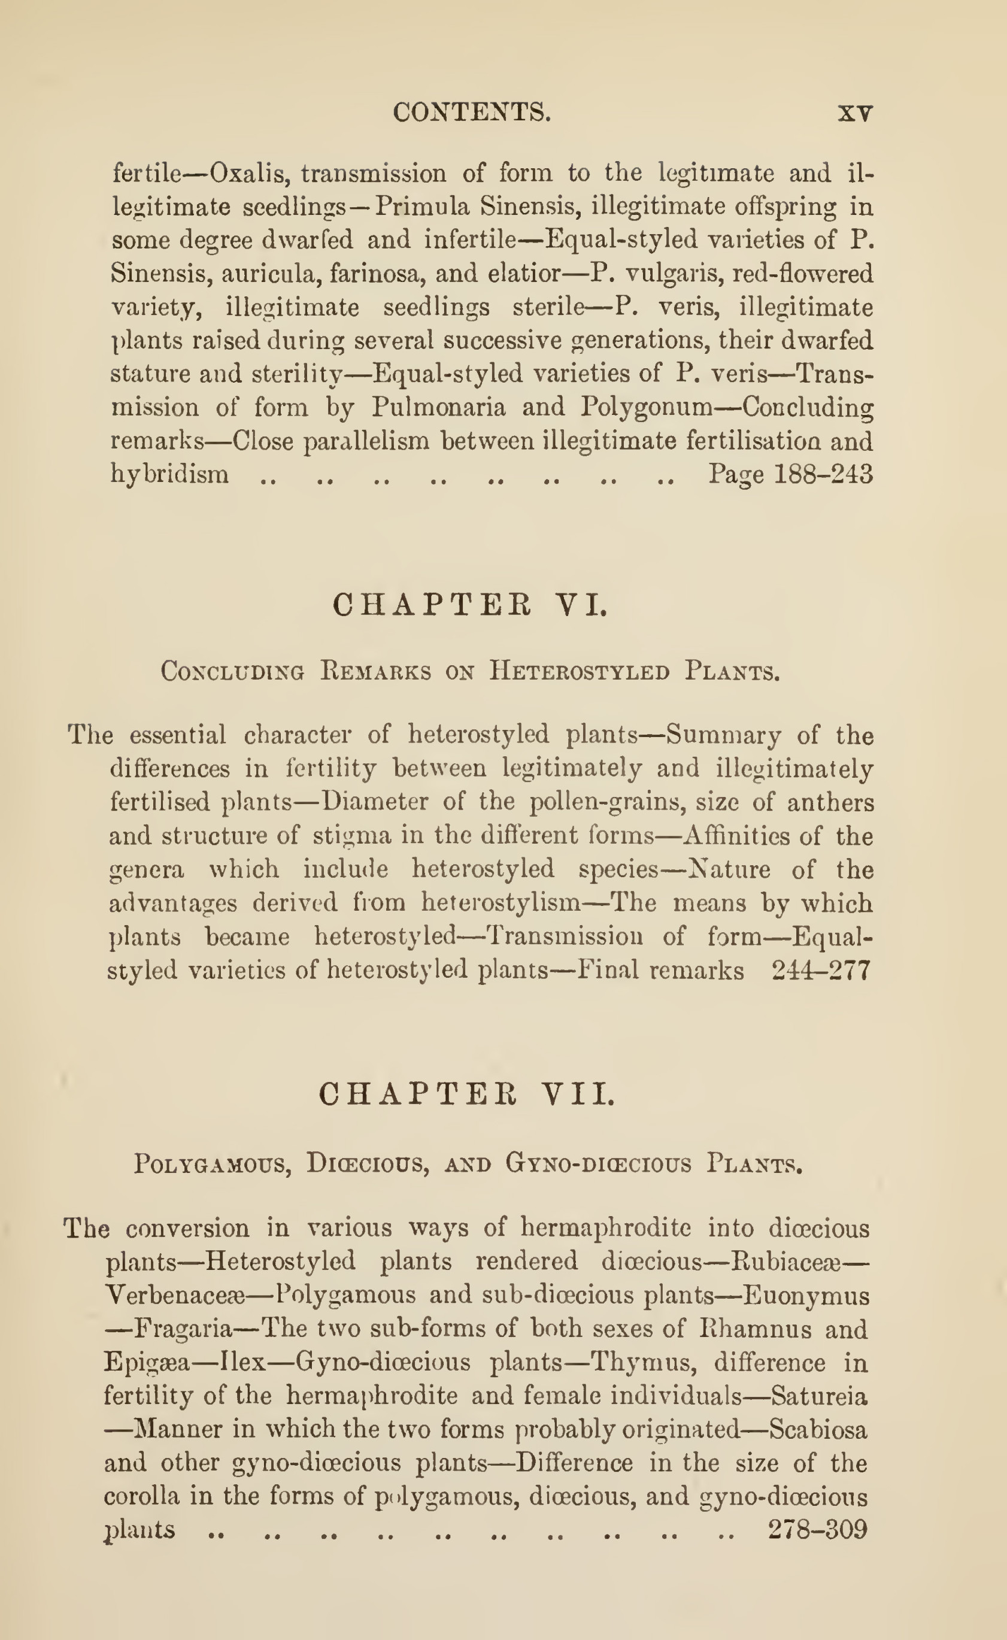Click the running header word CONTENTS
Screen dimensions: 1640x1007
click(472, 112)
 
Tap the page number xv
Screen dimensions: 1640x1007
click(854, 113)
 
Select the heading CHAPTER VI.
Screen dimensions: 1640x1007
click(469, 605)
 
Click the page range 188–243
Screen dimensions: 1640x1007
click(823, 474)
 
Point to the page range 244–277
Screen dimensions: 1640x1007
click(821, 971)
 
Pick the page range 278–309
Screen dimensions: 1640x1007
click(818, 1529)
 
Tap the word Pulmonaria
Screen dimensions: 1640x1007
click(438, 407)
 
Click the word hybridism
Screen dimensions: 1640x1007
click(170, 474)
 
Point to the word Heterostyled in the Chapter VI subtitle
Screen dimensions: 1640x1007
click(580, 670)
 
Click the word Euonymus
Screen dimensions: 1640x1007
click(806, 1296)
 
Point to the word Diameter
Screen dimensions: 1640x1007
click(375, 801)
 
